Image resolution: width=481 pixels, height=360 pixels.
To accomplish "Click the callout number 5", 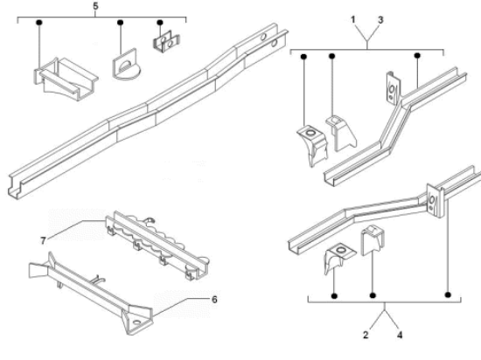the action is point(95,6).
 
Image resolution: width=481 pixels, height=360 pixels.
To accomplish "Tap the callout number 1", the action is point(353,19).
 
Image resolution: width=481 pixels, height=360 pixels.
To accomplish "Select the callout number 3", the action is point(380,20).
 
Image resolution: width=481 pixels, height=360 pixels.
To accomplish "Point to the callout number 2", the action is point(366,335).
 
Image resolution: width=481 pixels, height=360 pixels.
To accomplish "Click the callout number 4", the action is point(400,335).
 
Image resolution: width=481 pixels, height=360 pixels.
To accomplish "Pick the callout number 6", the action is point(214,300).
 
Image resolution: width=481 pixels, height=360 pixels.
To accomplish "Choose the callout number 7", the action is point(43,241).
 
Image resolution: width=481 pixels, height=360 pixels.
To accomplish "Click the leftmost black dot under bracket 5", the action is point(39,23).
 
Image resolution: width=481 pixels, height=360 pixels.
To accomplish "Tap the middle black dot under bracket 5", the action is point(121,23).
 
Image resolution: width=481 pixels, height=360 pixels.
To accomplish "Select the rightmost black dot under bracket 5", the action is point(160,23).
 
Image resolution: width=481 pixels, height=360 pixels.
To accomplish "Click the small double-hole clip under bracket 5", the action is point(166,41).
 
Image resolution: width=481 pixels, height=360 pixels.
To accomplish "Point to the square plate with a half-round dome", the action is point(126,65).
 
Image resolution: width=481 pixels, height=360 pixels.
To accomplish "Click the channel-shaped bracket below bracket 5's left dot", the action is point(65,79).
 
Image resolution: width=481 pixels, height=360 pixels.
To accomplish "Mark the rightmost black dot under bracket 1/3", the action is point(417,56).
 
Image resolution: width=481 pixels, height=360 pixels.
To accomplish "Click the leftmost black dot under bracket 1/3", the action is point(303,57).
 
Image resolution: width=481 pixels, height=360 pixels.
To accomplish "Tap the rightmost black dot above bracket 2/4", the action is point(448,295).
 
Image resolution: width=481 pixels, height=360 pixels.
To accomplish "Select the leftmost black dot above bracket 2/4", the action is point(334,296).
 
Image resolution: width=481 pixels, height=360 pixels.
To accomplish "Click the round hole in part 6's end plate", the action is point(137,322).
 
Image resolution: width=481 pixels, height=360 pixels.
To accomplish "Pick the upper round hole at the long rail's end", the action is point(263,37).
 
